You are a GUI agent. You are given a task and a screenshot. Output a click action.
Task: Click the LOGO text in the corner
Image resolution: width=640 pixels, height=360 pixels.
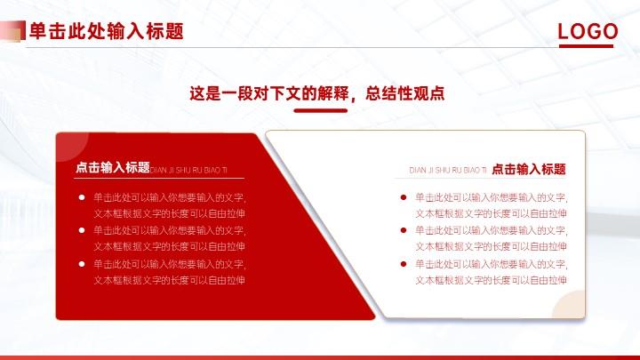(588, 31)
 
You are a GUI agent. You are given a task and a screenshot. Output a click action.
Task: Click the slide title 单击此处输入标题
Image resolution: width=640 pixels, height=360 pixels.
(107, 31)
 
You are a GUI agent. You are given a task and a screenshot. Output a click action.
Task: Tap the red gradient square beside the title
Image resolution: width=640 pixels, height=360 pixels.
(12, 31)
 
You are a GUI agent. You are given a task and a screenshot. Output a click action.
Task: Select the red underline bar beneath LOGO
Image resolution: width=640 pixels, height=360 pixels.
(586, 46)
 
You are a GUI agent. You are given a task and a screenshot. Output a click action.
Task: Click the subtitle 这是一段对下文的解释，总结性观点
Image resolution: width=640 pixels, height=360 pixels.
(316, 93)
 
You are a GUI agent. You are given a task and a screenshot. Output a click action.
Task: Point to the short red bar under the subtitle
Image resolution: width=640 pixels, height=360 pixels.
(320, 110)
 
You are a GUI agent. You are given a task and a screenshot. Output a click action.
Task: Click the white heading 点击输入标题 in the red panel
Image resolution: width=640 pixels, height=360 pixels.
(113, 167)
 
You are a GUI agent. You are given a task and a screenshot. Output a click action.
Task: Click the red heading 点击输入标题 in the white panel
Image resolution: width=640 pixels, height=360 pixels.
(529, 169)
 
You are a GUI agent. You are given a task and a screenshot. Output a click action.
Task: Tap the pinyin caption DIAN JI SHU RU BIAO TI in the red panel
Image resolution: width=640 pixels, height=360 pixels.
(188, 170)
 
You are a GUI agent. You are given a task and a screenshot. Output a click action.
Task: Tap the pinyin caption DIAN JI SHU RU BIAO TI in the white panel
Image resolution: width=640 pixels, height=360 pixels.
(448, 170)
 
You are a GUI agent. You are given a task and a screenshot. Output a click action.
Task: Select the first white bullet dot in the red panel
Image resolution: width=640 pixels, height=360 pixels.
(82, 197)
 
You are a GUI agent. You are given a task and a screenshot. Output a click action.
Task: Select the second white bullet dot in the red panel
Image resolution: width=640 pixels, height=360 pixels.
(82, 230)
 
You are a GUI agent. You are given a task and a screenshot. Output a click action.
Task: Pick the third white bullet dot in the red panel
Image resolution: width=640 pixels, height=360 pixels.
(82, 264)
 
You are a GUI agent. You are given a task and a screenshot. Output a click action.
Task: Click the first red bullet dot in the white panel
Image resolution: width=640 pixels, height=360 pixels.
(404, 197)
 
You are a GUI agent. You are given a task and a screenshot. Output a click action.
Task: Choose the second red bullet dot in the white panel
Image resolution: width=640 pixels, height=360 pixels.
(404, 230)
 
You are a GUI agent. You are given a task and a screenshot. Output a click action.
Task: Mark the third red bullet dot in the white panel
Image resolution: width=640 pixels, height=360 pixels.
(404, 264)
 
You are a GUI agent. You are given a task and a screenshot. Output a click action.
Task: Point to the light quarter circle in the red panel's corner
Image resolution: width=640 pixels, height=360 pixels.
(69, 144)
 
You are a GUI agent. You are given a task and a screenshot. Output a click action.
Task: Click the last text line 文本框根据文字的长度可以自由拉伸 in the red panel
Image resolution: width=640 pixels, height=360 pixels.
(170, 280)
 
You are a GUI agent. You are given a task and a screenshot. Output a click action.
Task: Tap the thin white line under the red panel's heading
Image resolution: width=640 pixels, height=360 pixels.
(159, 179)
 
